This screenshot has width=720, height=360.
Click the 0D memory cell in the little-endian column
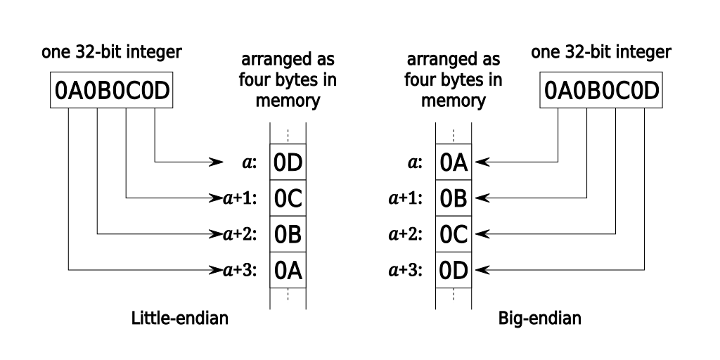(288, 163)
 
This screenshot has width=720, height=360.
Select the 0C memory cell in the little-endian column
(288, 198)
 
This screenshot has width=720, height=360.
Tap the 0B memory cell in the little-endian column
(288, 233)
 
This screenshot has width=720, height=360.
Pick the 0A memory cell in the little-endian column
(288, 269)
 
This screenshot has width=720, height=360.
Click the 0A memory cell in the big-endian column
(454, 163)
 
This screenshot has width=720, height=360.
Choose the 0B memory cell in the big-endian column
(454, 198)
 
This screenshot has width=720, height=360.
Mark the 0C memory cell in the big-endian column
(454, 233)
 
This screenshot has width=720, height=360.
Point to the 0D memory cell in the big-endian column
(454, 269)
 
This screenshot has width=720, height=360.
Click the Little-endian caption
(180, 319)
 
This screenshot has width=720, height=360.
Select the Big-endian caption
(539, 319)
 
